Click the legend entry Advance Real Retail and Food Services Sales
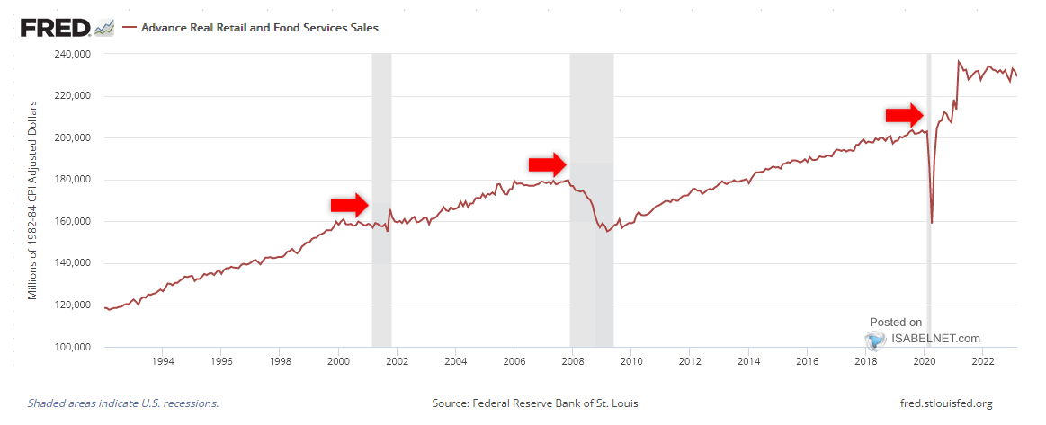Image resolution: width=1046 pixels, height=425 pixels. point(259,28)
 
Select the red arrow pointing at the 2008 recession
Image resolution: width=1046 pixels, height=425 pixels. point(547,164)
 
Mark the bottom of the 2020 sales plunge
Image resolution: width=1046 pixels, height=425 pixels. point(932,222)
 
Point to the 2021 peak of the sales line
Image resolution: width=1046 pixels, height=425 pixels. point(959,62)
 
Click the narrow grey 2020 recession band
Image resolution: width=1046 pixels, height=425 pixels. point(929,270)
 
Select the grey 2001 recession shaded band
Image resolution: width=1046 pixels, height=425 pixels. point(381,288)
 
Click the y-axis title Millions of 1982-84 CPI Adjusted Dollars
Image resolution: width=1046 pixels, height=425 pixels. point(32,200)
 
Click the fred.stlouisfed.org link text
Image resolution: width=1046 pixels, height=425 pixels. point(945,403)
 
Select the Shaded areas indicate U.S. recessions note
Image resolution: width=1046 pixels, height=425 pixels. point(123,403)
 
